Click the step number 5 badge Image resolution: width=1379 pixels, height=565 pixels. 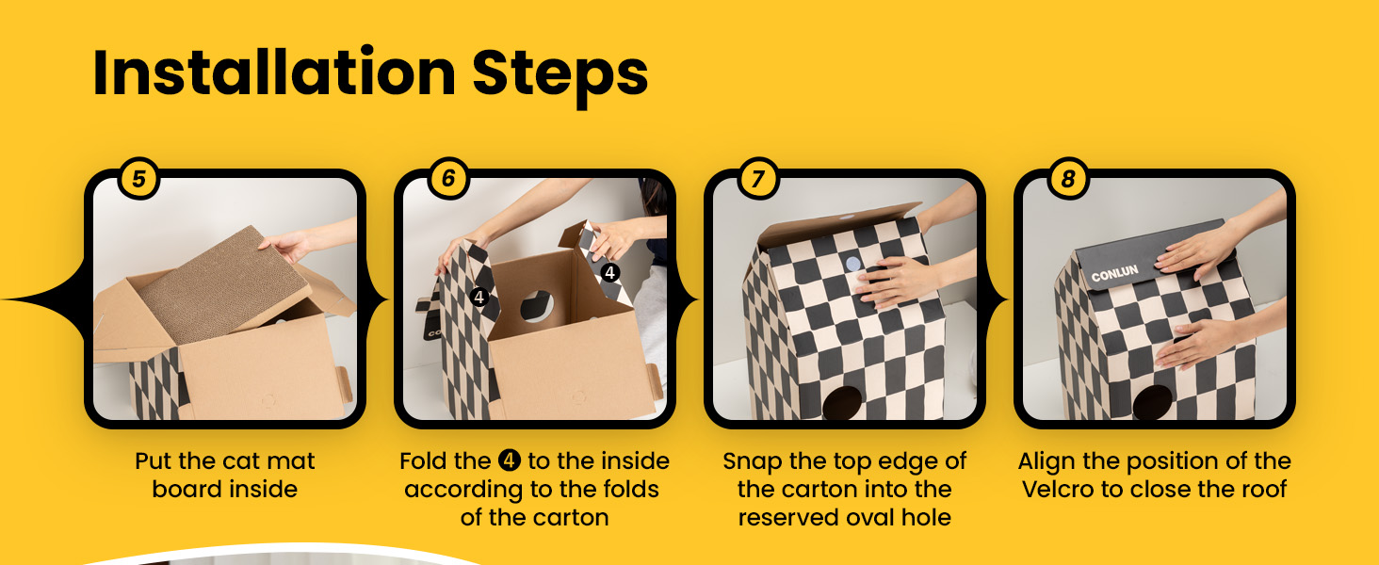(x=138, y=179)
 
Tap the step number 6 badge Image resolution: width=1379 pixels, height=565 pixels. (x=448, y=179)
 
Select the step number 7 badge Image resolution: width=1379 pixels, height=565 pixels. (x=758, y=179)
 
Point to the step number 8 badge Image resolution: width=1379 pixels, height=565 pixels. (x=1068, y=179)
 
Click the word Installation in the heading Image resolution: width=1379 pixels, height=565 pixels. (x=274, y=73)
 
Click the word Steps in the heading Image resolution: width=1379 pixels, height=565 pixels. (x=560, y=77)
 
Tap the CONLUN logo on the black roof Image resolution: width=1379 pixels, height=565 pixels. (x=1114, y=273)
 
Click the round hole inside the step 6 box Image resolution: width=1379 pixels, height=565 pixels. (x=538, y=306)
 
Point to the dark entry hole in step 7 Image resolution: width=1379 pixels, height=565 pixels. (x=843, y=402)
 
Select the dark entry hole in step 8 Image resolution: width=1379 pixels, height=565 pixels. (x=1153, y=402)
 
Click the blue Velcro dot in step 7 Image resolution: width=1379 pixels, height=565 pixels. (x=853, y=265)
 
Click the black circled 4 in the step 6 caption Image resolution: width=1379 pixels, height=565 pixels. (x=510, y=460)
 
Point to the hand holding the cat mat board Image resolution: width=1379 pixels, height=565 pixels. (x=285, y=246)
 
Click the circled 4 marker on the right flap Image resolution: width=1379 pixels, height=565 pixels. (x=609, y=272)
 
